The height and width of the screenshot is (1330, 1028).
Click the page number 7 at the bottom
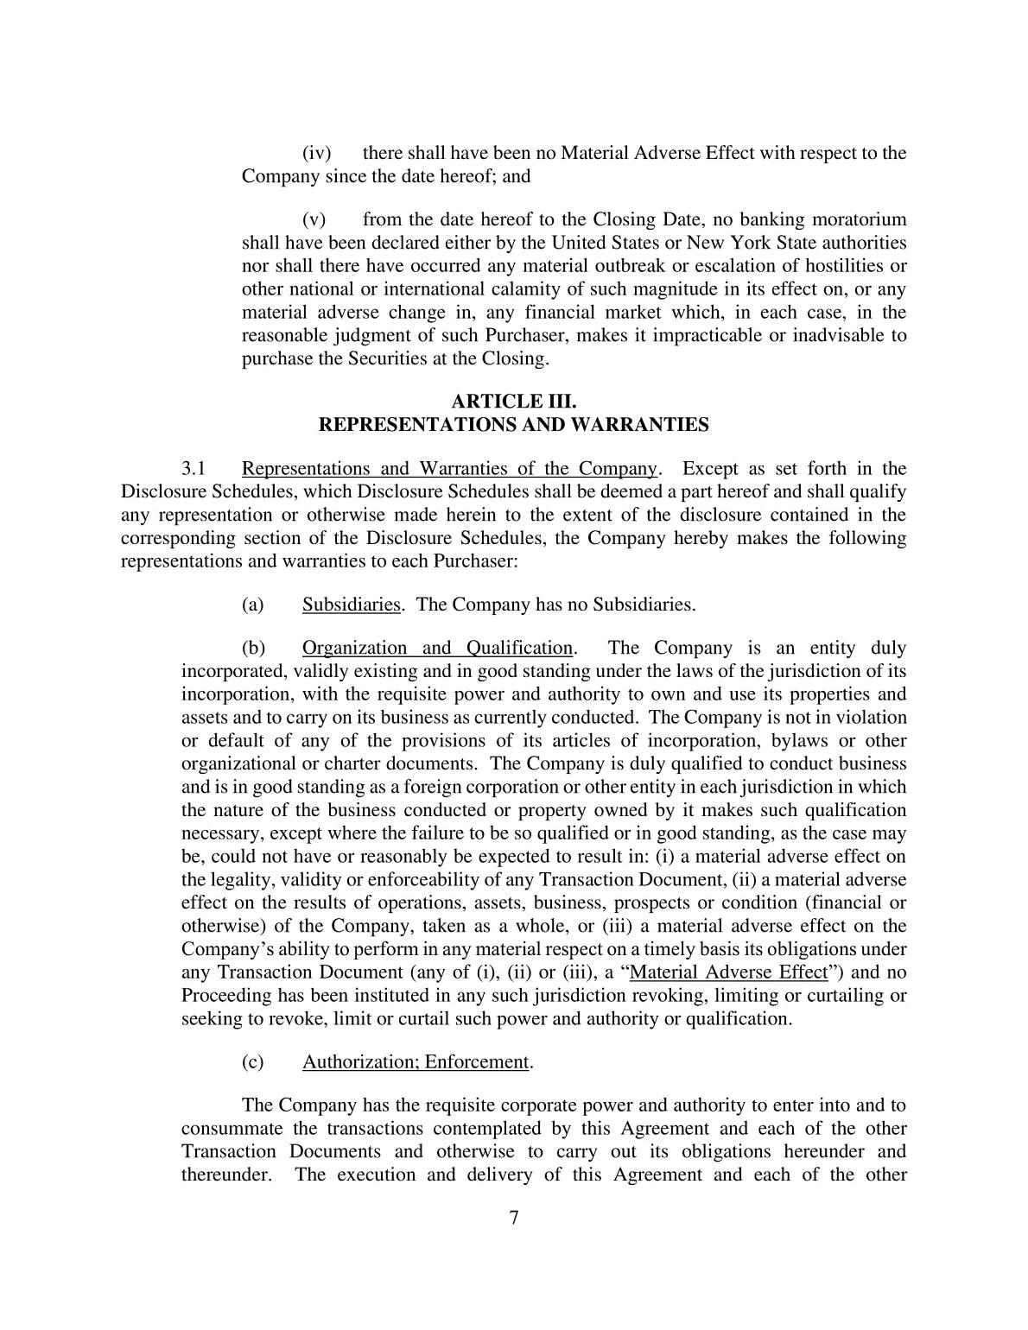[x=514, y=1218]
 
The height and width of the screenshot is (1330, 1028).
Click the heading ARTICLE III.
[x=514, y=402]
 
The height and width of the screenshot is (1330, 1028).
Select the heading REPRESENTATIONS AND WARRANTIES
[x=514, y=425]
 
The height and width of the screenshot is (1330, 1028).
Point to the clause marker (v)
[x=314, y=220]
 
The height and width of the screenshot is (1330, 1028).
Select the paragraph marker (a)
[x=253, y=605]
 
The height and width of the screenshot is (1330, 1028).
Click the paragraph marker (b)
[x=253, y=649]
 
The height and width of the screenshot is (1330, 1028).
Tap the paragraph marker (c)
[x=253, y=1062]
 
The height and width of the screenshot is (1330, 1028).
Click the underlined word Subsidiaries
[x=352, y=605]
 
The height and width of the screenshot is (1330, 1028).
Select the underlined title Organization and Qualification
[x=437, y=649]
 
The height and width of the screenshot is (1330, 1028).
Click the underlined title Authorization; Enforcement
[x=416, y=1062]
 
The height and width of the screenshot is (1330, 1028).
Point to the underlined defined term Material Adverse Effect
[x=729, y=972]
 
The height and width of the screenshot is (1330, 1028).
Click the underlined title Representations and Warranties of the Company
[x=449, y=469]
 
